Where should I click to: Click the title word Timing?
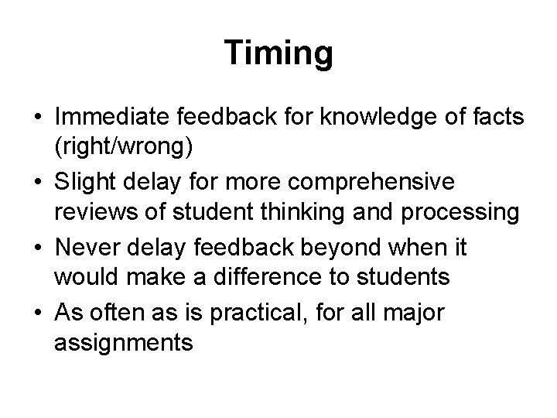click(x=278, y=53)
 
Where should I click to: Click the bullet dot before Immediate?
click(x=36, y=118)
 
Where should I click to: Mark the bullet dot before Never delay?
click(x=36, y=247)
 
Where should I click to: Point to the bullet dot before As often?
click(x=36, y=312)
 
